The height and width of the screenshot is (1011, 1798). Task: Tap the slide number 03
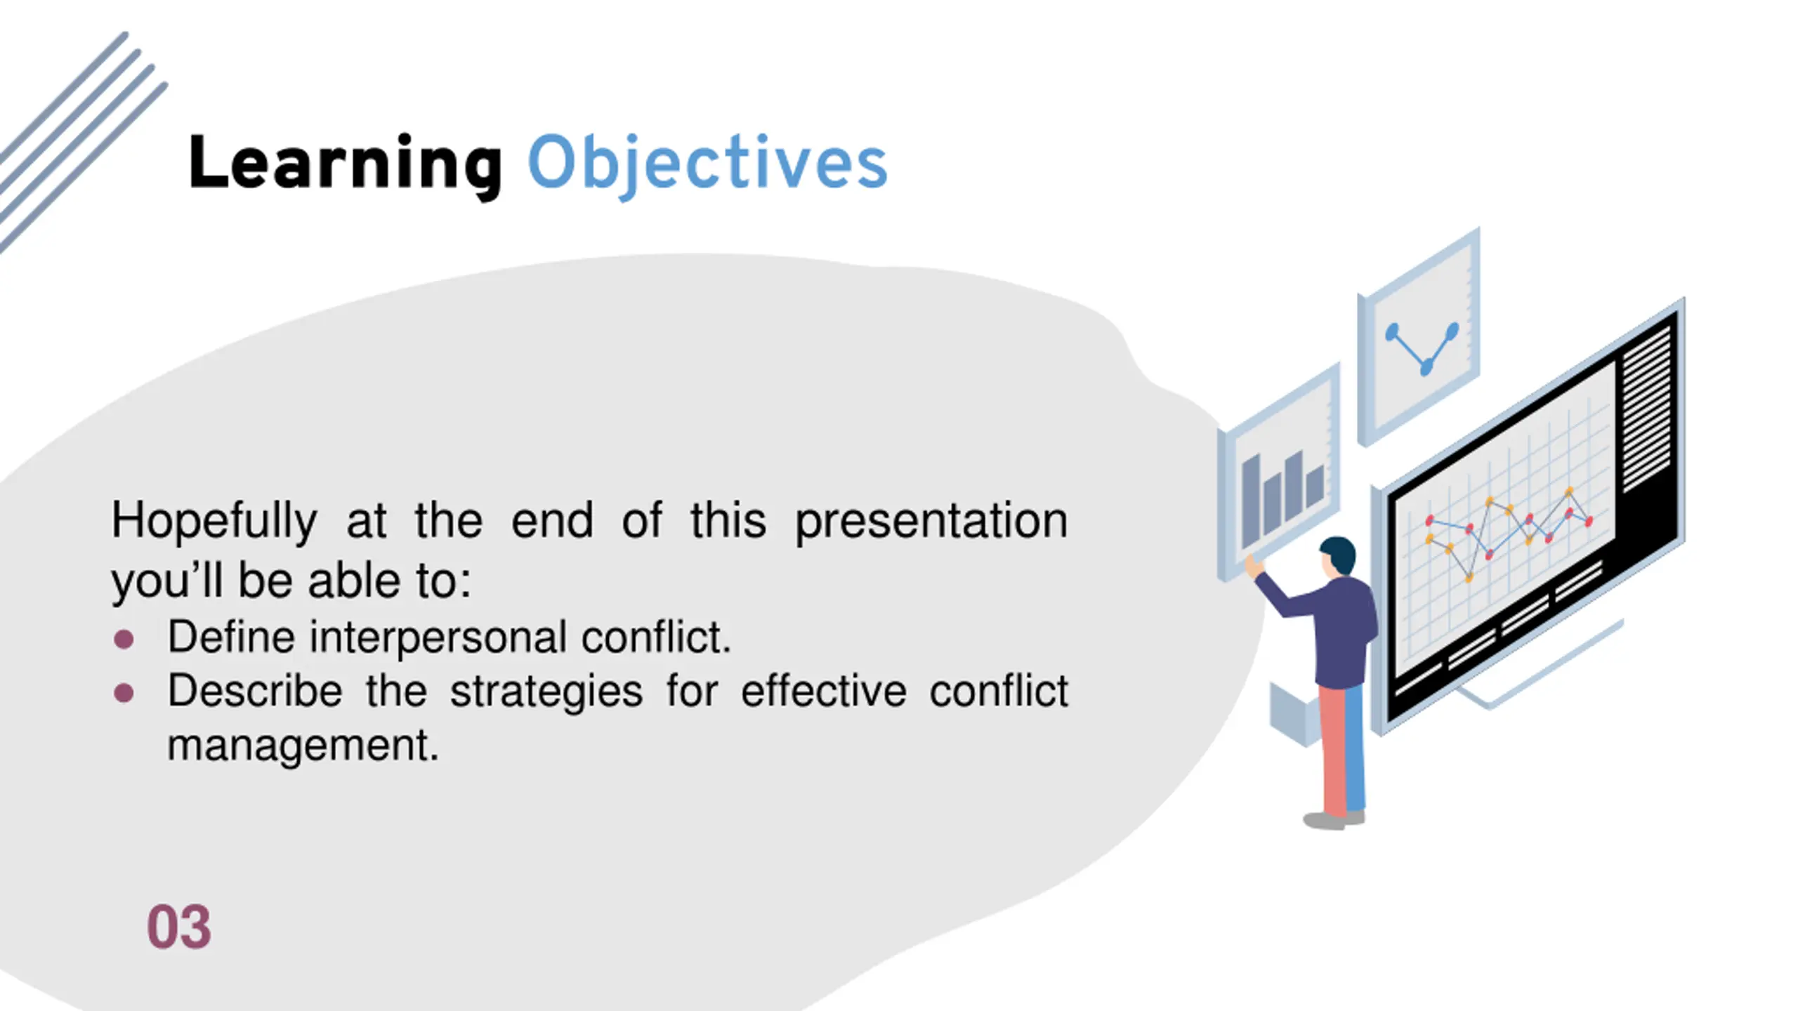click(x=178, y=927)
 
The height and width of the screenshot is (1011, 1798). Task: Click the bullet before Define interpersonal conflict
click(x=124, y=639)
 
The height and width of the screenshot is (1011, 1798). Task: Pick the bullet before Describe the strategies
click(x=124, y=693)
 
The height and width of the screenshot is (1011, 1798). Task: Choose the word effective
click(x=824, y=691)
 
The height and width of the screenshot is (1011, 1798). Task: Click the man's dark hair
click(x=1340, y=553)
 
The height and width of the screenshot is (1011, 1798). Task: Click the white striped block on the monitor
click(x=1646, y=407)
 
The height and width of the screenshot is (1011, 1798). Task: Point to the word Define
click(x=231, y=637)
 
